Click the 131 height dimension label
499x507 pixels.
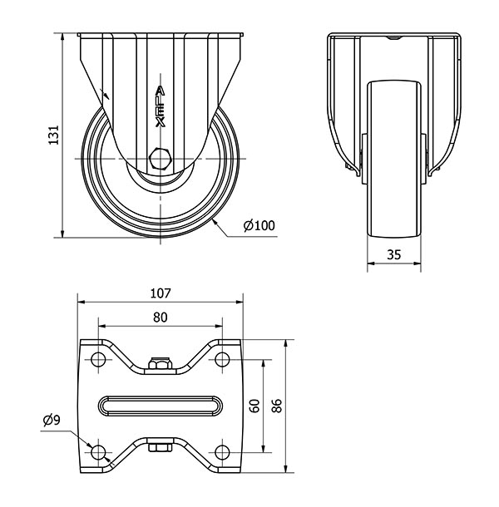point(54,135)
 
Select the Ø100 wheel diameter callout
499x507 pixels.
point(259,225)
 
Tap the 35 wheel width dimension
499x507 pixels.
point(394,255)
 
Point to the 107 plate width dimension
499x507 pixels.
point(161,293)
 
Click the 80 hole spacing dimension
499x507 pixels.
point(161,317)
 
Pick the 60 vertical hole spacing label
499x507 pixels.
point(255,406)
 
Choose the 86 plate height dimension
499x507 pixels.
point(277,406)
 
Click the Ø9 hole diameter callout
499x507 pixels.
point(52,420)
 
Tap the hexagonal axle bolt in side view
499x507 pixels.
point(159,159)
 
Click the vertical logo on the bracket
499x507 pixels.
point(160,106)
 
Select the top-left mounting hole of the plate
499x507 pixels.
point(98,359)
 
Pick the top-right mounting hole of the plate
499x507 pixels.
point(222,359)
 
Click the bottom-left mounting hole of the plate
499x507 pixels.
point(98,452)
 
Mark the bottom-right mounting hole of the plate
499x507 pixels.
point(222,452)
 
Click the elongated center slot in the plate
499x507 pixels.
point(161,406)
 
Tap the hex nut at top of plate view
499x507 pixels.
point(160,363)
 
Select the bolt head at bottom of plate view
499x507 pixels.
point(160,448)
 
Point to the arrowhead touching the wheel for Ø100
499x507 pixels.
point(215,222)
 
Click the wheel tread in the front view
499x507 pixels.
point(394,159)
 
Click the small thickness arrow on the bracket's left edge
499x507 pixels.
point(106,94)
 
